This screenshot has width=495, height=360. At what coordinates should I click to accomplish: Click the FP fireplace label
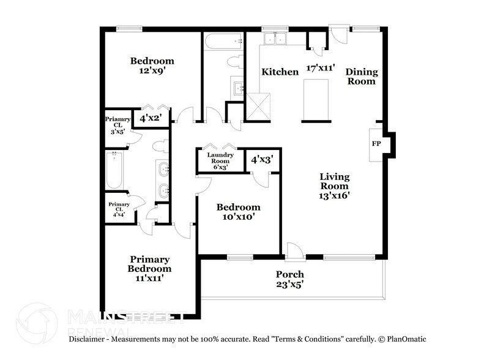pos(377,144)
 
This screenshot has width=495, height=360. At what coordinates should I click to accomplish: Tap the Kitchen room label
pos(280,72)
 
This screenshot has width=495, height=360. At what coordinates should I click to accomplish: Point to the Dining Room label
pos(362,76)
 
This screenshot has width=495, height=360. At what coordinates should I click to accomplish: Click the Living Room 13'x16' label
pos(334,186)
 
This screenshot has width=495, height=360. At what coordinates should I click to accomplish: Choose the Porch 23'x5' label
pos(289,279)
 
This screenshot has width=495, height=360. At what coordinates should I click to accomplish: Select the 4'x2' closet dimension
pos(150,118)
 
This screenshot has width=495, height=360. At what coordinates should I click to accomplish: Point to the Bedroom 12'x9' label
pos(152,66)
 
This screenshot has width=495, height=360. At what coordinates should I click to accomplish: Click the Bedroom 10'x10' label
pos(238,212)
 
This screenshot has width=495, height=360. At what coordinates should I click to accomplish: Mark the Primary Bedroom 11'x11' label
pos(149,268)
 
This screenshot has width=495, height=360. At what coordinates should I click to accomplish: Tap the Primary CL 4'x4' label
pos(119,209)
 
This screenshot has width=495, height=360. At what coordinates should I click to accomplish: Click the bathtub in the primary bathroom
pos(114,171)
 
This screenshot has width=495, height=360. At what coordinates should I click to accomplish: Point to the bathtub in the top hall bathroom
pos(223,42)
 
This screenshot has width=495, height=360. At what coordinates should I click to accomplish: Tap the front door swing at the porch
pos(294,250)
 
